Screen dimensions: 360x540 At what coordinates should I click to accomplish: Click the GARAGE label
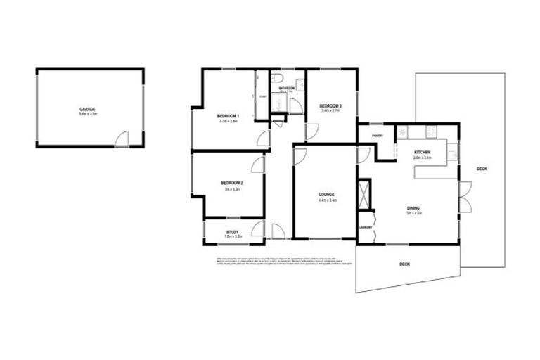point(88,109)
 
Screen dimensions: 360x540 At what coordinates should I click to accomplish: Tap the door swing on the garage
point(122,139)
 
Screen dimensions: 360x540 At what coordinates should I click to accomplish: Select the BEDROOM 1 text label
point(228,116)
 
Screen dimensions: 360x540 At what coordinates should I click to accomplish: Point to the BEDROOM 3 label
point(330,105)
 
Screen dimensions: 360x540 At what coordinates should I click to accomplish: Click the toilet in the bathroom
point(279,77)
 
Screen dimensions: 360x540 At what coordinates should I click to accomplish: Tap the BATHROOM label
point(286,89)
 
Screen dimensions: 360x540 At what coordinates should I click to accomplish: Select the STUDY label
point(232,232)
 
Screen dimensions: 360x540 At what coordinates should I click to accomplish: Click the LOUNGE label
point(326,194)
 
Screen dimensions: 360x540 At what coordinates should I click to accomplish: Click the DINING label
point(414,208)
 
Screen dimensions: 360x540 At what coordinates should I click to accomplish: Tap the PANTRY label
point(378,136)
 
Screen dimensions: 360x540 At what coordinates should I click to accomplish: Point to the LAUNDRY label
point(365,227)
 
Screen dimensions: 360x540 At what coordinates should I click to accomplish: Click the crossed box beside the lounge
point(364,195)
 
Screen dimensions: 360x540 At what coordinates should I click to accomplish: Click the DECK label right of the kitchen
point(482,169)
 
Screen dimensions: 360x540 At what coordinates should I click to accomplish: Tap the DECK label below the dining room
point(404,264)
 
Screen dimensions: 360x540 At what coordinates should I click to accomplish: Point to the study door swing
point(259,228)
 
